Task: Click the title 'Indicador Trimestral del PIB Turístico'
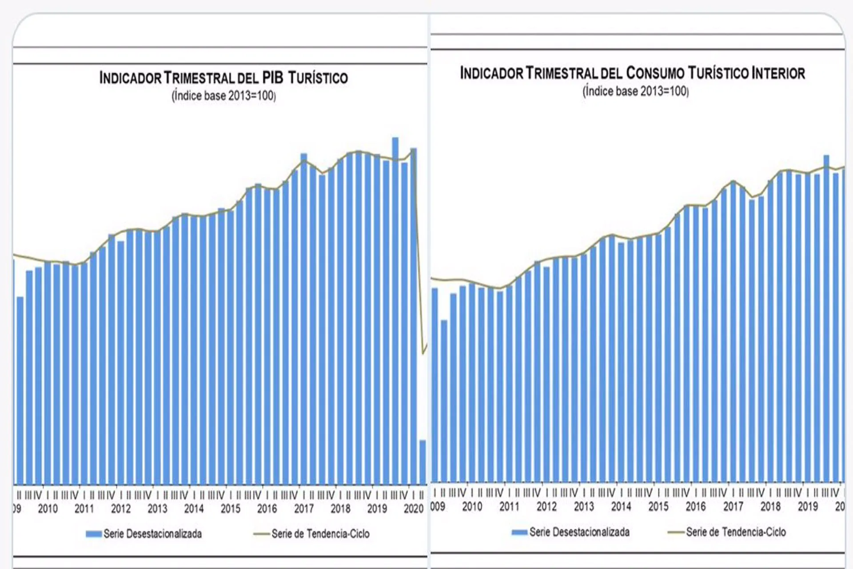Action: coord(223,78)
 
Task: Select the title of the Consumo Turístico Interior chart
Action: coord(632,73)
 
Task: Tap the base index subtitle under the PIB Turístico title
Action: coord(223,96)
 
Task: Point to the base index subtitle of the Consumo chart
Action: coord(635,92)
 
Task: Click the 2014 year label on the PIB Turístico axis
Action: coord(194,509)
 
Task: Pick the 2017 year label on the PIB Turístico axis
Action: coord(303,509)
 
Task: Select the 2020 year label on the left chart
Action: coord(413,509)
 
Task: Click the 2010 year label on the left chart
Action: coord(48,509)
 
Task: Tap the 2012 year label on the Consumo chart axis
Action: coord(546,506)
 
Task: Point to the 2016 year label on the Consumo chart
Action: coord(695,506)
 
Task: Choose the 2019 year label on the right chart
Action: coord(807,506)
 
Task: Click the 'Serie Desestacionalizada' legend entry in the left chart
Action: coord(152,534)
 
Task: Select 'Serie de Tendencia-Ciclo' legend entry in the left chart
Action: coord(320,534)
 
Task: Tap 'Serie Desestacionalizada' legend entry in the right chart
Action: coord(579,532)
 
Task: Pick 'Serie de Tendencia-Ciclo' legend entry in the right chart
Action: coord(736,532)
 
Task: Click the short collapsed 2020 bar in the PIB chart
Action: coord(423,462)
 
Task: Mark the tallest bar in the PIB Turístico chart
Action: coord(395,311)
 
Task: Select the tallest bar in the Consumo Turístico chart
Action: coord(826,318)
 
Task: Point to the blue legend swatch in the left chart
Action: coord(93,534)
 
